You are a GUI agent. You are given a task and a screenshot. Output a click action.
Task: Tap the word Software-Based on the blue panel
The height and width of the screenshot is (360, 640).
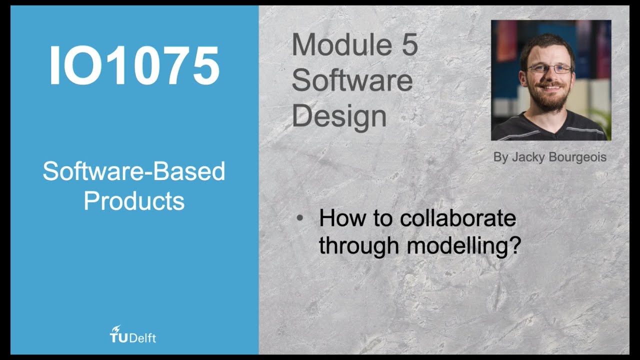pos(134,171)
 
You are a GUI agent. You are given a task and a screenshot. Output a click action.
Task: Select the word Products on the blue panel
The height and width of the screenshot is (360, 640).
pos(134,201)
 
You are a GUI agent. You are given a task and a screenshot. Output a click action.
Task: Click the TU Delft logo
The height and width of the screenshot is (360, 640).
pos(133,334)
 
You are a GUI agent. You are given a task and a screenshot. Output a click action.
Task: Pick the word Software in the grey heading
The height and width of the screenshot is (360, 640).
pos(352,81)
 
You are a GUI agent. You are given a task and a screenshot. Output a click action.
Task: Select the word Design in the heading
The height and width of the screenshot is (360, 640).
pos(339,116)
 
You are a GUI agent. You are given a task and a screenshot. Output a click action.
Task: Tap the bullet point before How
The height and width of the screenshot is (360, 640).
pos(299,218)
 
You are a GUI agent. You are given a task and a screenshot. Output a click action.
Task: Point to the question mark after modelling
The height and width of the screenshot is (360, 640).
pos(515,245)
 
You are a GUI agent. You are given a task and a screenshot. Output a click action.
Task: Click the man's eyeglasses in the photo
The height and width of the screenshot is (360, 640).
pos(549,68)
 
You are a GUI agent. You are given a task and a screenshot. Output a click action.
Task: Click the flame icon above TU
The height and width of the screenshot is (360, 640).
pos(116,329)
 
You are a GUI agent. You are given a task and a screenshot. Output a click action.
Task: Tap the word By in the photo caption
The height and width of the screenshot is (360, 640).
pos(500,157)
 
